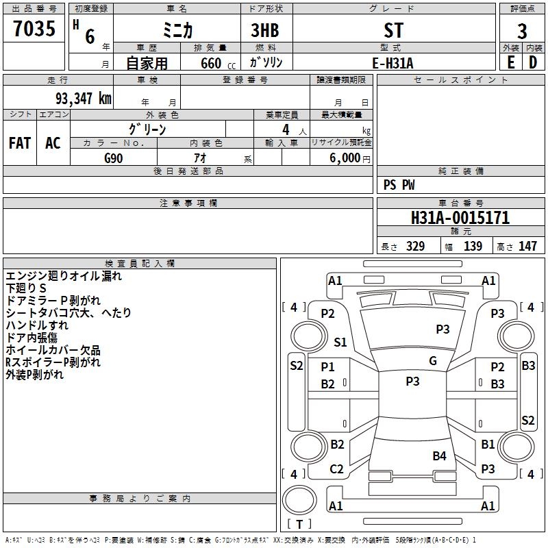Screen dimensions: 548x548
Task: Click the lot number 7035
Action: point(34,28)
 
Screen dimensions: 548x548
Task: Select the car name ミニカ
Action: point(177,30)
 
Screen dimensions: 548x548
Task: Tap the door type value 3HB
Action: point(265,30)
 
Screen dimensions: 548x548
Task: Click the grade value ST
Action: point(394,30)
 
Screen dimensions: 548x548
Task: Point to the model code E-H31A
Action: point(393,63)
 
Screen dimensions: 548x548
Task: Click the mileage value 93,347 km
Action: point(83,99)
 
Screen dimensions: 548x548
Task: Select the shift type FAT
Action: point(20,143)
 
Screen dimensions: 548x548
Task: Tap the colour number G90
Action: point(114,158)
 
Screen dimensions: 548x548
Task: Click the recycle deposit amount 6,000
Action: point(345,158)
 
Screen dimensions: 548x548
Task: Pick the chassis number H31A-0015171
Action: point(460,218)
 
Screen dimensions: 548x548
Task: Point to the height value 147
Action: point(527,246)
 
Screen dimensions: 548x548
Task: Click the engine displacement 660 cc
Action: point(218,63)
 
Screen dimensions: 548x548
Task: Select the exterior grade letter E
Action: point(511,62)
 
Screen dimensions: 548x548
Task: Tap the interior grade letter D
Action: point(533,62)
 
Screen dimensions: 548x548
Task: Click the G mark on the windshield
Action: point(433,360)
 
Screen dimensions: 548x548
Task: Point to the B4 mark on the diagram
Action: point(439,456)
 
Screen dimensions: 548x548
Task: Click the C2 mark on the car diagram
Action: point(336,469)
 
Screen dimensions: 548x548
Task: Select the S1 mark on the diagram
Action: point(340,342)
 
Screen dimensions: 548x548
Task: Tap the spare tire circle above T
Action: point(299,500)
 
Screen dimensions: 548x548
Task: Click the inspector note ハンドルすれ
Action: point(37,325)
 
